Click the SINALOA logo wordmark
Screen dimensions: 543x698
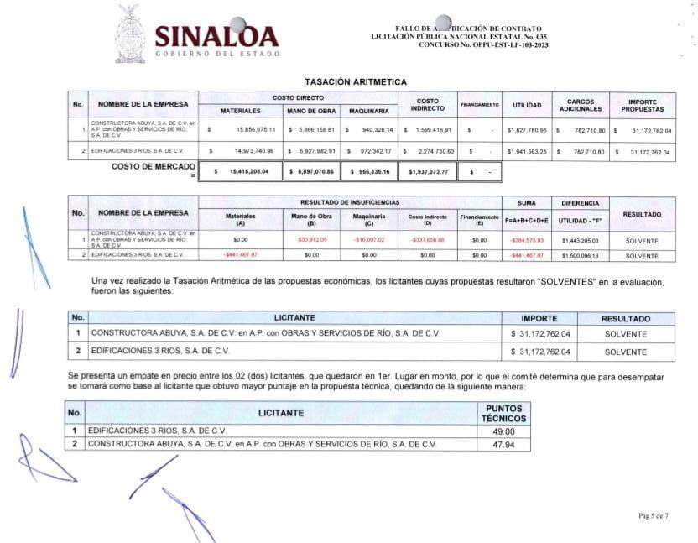pos(216,35)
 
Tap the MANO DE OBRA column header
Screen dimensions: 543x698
pos(310,111)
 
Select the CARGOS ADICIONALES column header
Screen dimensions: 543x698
pos(581,105)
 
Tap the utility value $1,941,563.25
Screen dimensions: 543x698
pos(527,152)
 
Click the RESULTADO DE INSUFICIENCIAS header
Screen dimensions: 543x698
pos(351,203)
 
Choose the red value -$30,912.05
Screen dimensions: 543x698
pos(311,239)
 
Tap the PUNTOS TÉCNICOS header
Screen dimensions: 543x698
pos(503,412)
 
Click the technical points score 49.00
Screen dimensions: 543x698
pos(503,431)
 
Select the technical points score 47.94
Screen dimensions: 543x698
pos(503,443)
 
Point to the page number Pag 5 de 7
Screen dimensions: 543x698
pos(654,514)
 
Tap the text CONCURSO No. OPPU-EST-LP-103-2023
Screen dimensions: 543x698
pos(479,44)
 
